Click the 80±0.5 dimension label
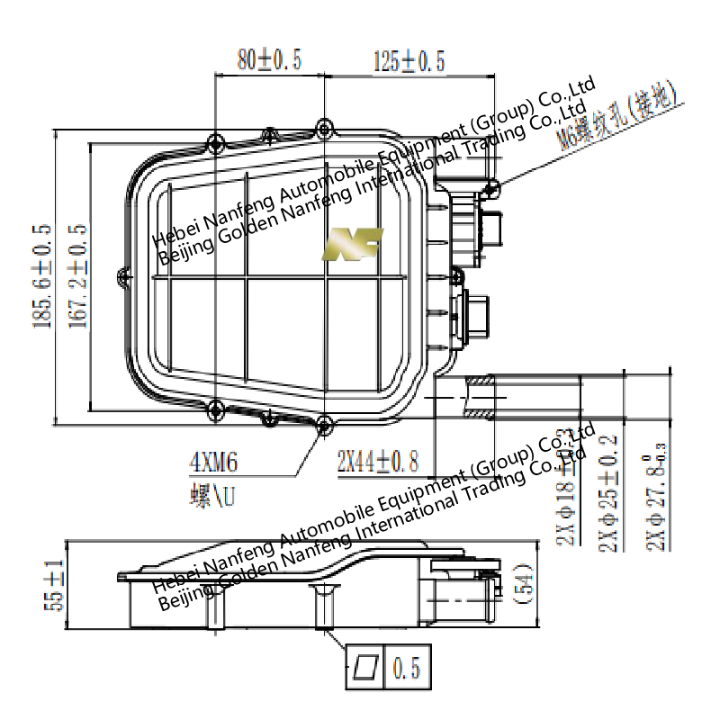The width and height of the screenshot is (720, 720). tap(269, 60)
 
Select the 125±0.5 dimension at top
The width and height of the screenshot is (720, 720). tap(409, 60)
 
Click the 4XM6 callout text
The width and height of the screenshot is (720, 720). tap(213, 463)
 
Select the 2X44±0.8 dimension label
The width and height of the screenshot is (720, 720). tap(378, 463)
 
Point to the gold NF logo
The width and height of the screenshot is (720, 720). tap(353, 243)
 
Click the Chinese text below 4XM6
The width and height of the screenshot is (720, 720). tap(213, 496)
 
